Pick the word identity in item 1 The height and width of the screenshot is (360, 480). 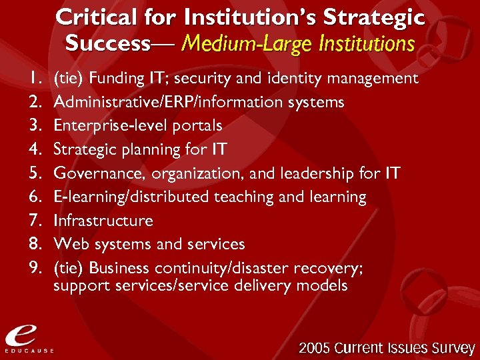pyautogui.click(x=295, y=79)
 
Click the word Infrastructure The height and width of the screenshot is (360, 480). pyautogui.click(x=103, y=221)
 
